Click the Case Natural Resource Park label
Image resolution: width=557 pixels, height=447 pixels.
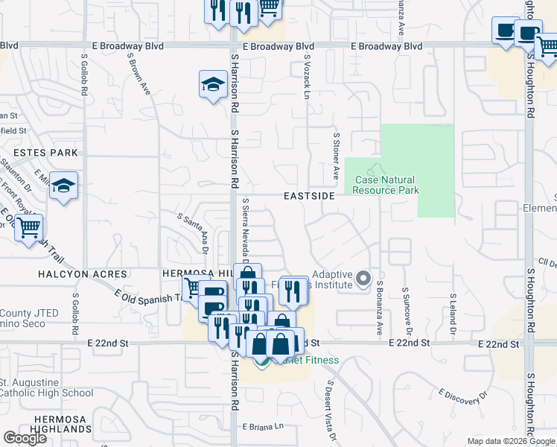point(386,185)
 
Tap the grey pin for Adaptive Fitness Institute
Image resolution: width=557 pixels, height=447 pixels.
point(363,279)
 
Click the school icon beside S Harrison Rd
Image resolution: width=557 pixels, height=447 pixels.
point(213,84)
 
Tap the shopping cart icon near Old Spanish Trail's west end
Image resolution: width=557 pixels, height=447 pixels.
point(29,227)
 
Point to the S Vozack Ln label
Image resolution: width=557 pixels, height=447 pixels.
point(306,77)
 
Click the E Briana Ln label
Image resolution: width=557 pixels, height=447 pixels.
point(264,426)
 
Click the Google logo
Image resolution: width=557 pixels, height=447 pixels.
point(25,438)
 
